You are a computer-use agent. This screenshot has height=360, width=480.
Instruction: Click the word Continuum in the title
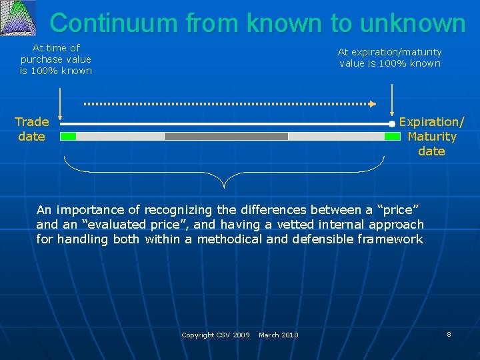point(114,23)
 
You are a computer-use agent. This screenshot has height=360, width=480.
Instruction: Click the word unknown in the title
point(411,23)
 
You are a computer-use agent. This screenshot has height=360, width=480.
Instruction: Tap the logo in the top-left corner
point(18,18)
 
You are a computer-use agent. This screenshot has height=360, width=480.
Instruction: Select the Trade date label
point(31,129)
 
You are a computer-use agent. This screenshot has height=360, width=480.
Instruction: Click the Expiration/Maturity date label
point(431,136)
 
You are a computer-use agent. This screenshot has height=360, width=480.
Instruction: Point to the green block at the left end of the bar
point(68,136)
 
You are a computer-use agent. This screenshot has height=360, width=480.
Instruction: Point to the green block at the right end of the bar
point(392,136)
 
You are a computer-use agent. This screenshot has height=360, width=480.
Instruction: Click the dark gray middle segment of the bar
point(226,136)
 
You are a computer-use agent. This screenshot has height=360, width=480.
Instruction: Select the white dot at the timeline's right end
point(392,123)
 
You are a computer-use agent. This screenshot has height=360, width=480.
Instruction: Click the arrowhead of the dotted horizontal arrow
point(374,104)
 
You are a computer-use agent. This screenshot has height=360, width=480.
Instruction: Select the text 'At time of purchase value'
point(56,53)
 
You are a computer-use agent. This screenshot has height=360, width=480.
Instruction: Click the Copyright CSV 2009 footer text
point(215,335)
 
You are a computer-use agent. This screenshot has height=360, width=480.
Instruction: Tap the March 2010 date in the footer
point(278,335)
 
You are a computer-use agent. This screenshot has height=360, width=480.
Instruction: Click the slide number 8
point(449,334)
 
